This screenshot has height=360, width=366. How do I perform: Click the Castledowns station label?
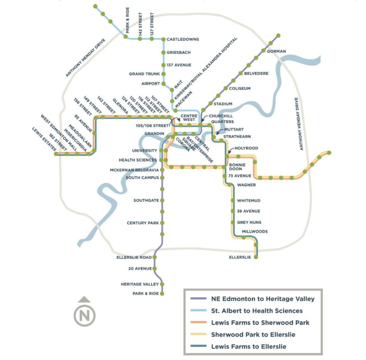[x=183, y=39]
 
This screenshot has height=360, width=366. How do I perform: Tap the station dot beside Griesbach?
[x=164, y=52]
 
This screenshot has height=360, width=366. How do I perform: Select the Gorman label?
[x=276, y=51]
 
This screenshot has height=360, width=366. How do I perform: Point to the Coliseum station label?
[x=240, y=88]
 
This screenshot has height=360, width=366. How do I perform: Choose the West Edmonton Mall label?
[x=59, y=133]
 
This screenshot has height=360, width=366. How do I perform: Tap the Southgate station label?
[x=146, y=200]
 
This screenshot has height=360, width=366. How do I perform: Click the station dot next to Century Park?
[x=162, y=223]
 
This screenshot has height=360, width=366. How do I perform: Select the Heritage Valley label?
[x=140, y=284]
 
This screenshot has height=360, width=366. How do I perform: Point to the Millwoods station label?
[x=255, y=231]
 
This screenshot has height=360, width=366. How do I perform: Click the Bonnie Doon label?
[x=237, y=167]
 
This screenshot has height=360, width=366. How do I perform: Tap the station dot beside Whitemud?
[x=233, y=201]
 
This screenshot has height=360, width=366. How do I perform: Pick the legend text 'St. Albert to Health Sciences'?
[x=257, y=311]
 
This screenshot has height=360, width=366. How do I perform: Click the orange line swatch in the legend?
[x=198, y=323]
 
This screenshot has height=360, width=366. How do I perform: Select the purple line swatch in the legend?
[x=198, y=299]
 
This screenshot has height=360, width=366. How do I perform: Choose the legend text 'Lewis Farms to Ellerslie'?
[x=248, y=346]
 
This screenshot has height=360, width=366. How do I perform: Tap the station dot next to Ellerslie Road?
[x=155, y=257]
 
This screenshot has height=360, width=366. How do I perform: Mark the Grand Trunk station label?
[x=144, y=74]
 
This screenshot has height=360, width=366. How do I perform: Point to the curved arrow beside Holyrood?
[x=230, y=150]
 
